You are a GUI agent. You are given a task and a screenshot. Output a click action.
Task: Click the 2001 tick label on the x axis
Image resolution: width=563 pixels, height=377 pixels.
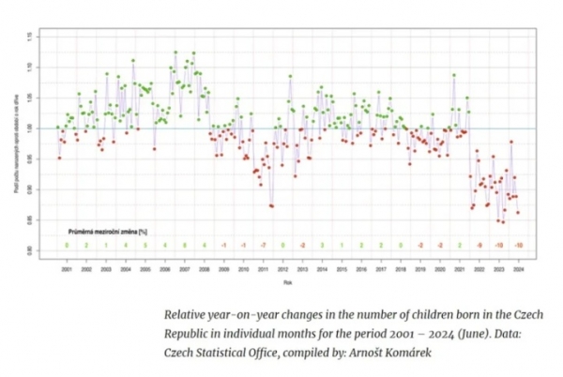tap(67, 269)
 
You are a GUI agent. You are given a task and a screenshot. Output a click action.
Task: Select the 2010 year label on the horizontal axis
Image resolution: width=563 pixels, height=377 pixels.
tap(243, 269)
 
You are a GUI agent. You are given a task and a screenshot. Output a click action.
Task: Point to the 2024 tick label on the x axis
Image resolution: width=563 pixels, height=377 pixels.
tap(518, 269)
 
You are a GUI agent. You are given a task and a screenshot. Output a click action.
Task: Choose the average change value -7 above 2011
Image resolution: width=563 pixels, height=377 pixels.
tap(264, 245)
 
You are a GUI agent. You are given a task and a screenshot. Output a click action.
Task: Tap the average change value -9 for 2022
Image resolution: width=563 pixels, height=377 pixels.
tap(479, 245)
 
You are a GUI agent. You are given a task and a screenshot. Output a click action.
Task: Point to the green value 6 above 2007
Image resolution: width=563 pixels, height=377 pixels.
tap(185, 245)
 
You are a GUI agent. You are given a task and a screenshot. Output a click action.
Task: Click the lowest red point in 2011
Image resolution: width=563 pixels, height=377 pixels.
tap(272, 206)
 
